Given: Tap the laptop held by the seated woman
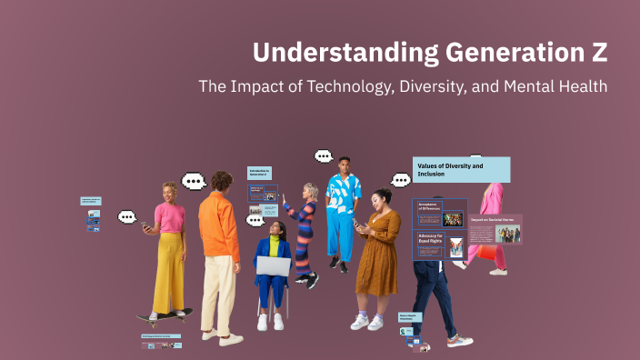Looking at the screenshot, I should [x=273, y=265].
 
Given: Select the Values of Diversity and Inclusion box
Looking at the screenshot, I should [x=461, y=170].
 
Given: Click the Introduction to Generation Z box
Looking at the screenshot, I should [x=260, y=173].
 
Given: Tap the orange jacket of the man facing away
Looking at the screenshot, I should [x=218, y=227].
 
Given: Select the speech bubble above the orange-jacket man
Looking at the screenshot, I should [x=194, y=181].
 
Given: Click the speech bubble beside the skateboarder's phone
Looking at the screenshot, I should [x=126, y=217].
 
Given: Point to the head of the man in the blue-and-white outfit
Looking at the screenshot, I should [x=343, y=165].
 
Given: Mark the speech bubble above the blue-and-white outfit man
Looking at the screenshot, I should [x=324, y=156].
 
